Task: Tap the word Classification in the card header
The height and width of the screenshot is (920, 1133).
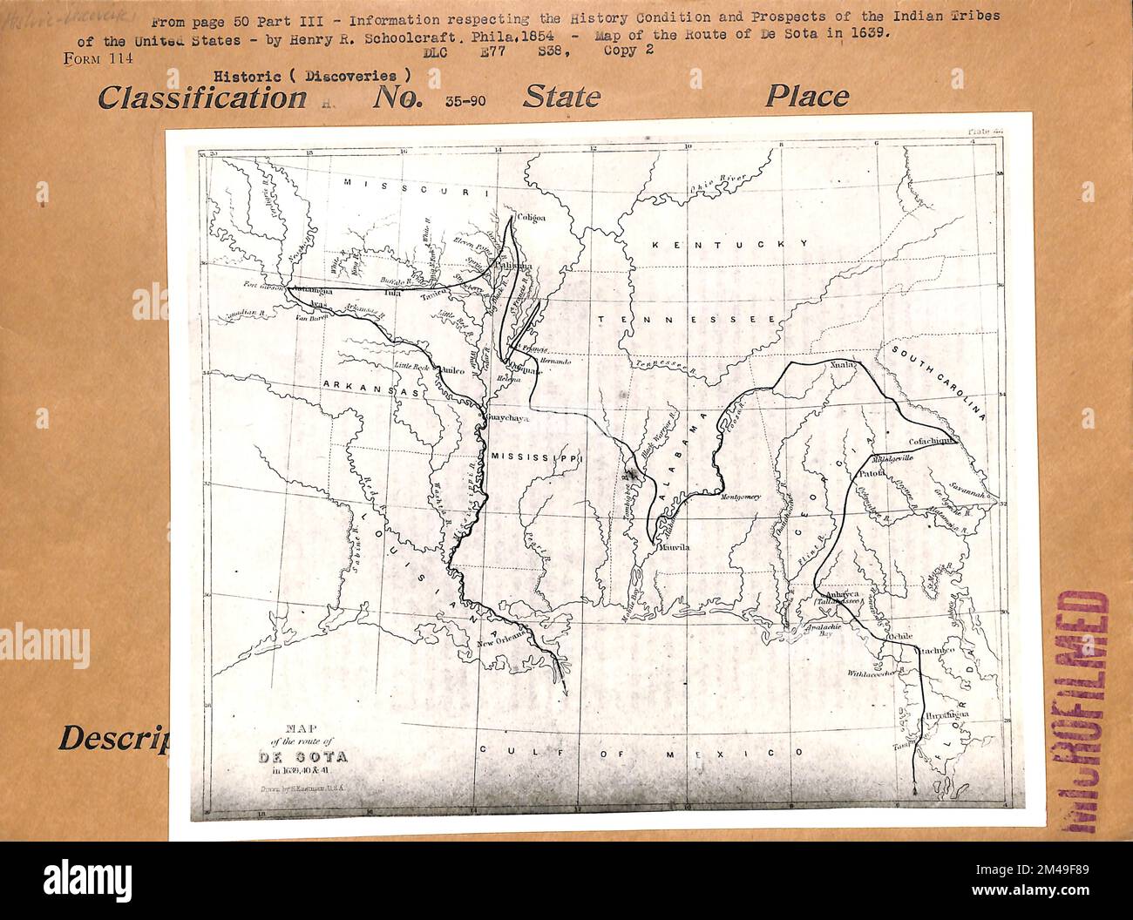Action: point(201,97)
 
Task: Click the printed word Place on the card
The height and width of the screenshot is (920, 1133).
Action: point(806,97)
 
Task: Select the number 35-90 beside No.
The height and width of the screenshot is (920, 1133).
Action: point(465,100)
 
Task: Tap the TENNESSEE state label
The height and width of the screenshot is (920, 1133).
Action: point(687,321)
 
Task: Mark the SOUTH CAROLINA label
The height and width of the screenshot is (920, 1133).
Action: point(937,381)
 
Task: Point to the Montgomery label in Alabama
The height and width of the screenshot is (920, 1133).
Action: point(742,497)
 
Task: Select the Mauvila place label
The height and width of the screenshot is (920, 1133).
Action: point(673,548)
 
